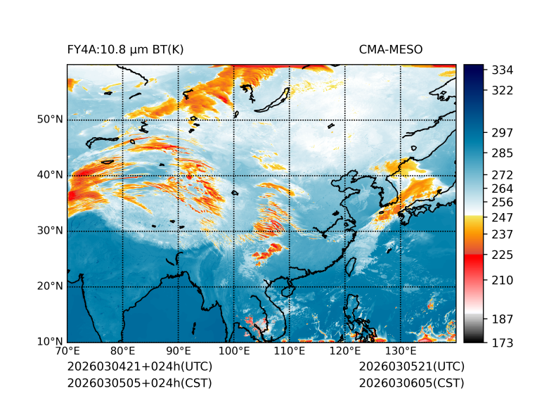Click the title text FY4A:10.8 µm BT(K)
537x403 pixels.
point(125,49)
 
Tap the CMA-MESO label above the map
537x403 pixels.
point(390,49)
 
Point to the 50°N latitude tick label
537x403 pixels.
point(49,120)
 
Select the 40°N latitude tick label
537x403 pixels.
point(49,175)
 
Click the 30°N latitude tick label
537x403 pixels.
point(49,231)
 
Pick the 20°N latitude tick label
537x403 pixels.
point(49,286)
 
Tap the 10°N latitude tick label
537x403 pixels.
point(49,342)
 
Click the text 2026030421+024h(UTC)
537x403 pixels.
point(139,366)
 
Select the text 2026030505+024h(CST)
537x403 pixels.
point(139,383)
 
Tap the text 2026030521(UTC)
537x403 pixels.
point(411,366)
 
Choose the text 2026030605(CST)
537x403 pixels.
point(411,383)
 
